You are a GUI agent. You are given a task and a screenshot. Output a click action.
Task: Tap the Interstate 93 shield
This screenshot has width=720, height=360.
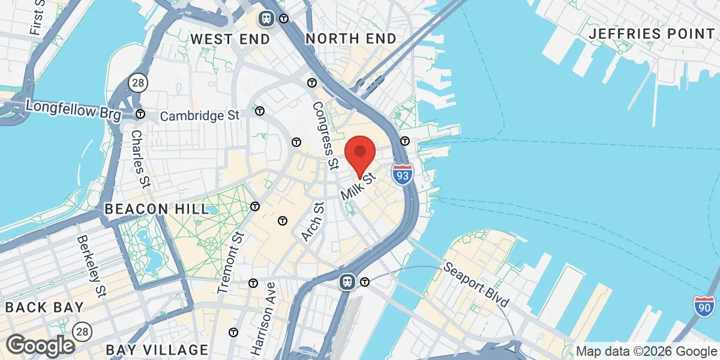click(x=402, y=174)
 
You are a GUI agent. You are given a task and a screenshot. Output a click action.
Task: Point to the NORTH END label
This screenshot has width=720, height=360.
click(x=351, y=39)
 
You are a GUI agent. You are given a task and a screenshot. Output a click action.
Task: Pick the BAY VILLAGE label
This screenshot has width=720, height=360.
click(x=157, y=349)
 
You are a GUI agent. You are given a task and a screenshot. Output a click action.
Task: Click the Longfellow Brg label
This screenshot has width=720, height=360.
click(x=74, y=109)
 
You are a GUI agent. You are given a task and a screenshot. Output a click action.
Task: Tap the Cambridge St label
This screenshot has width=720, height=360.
click(x=200, y=115)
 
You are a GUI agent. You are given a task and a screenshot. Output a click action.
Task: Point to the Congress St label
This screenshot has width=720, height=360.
click(x=324, y=136)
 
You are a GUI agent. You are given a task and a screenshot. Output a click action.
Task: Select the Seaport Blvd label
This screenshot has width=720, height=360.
click(x=476, y=284)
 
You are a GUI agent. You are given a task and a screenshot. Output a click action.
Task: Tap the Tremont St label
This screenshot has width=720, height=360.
click(x=231, y=263)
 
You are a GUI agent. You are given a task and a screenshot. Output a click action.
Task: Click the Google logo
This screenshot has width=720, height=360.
click(x=40, y=345)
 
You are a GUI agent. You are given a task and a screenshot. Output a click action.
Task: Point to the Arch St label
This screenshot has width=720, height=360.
click(x=313, y=222)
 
